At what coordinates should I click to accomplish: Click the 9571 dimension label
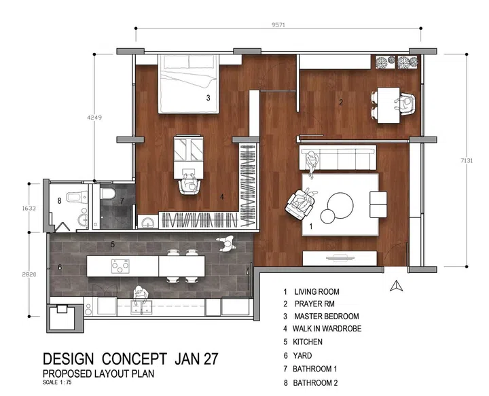coord(278,25)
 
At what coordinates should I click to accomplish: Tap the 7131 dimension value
coord(467,160)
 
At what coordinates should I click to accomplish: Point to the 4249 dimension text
coord(94,118)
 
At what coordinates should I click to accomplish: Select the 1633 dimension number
coord(29,208)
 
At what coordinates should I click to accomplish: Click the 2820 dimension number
coord(29,274)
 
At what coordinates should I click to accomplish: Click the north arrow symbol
coord(396,285)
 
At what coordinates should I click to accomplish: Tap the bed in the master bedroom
coord(188,84)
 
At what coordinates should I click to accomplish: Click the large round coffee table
coord(340,205)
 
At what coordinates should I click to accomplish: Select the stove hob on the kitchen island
coord(120,266)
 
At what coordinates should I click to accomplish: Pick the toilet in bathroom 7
coord(108,194)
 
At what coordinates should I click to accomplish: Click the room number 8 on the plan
coord(59,201)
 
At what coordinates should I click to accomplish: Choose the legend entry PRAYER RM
coord(314,304)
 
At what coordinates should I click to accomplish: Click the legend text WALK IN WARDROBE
coord(327,329)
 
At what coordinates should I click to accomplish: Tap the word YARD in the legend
coord(302,356)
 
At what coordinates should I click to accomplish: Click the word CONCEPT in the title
coord(134,359)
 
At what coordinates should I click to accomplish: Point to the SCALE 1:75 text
coord(57,382)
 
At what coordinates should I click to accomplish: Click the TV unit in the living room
coord(340,259)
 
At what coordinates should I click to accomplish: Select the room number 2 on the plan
coord(341,103)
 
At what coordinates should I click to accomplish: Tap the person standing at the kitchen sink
coord(140,295)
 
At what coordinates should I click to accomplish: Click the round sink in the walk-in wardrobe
coord(147,223)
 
